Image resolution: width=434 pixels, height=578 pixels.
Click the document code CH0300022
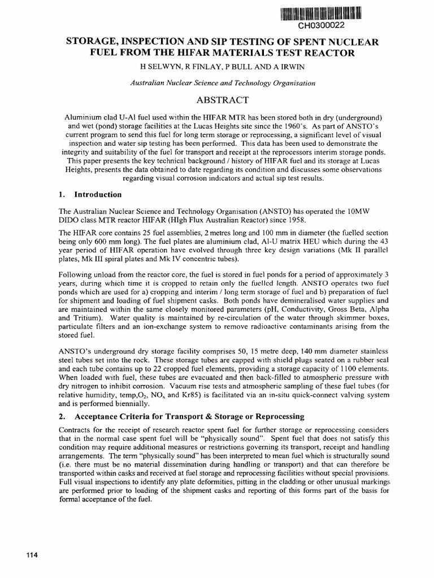(320, 26)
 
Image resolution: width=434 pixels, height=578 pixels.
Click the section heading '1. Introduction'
(90, 195)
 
